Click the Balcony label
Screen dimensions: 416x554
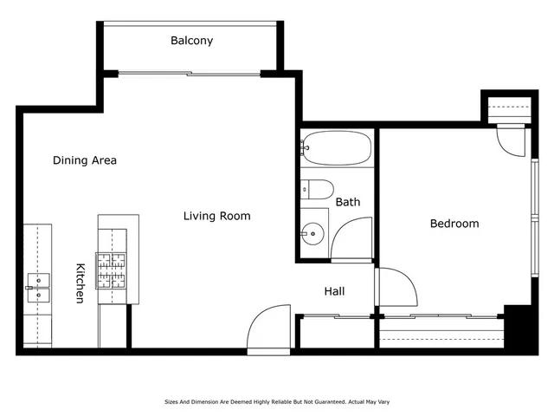[191, 41]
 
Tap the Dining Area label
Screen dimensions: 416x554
[85, 160]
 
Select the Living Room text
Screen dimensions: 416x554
[216, 216]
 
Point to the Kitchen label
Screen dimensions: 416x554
[80, 283]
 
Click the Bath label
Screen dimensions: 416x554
[348, 202]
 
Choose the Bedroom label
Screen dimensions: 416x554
[454, 224]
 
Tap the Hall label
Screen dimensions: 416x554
[334, 291]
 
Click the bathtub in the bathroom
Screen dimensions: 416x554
[338, 149]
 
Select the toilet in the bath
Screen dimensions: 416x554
[318, 190]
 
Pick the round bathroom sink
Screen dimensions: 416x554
[312, 233]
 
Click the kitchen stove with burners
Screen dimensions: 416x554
[112, 270]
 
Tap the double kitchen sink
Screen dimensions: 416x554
[37, 287]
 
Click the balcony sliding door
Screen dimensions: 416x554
[189, 75]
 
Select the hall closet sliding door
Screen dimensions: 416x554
[336, 317]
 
